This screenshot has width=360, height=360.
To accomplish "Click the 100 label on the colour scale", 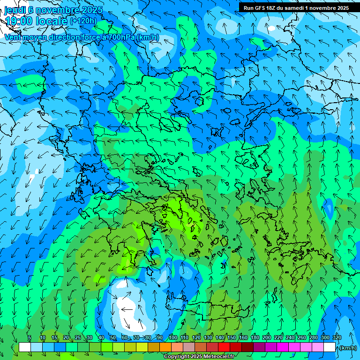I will pyautogui.click(x=173, y=337).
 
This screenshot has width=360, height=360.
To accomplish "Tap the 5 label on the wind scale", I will pyautogui.click(x=30, y=337).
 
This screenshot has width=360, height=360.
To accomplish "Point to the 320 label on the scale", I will pyautogui.click(x=337, y=337).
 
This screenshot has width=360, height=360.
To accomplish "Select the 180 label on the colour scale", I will pyautogui.click(x=255, y=337).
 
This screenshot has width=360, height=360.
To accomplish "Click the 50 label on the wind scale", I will pyautogui.click(x=112, y=337).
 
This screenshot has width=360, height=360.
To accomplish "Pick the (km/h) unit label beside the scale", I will pyautogui.click(x=348, y=348).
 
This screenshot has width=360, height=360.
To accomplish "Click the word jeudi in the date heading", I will pyautogui.click(x=15, y=9).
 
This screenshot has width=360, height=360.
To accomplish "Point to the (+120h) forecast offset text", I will pyautogui.click(x=83, y=21).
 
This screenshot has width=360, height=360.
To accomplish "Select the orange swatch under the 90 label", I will pyautogui.click(x=165, y=347).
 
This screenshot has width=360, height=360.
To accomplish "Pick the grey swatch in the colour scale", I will pyautogui.click(x=189, y=347).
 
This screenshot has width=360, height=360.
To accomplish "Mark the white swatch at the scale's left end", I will pyautogui.click(x=25, y=347).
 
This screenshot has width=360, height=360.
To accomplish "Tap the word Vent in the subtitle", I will pyautogui.click(x=13, y=37).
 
